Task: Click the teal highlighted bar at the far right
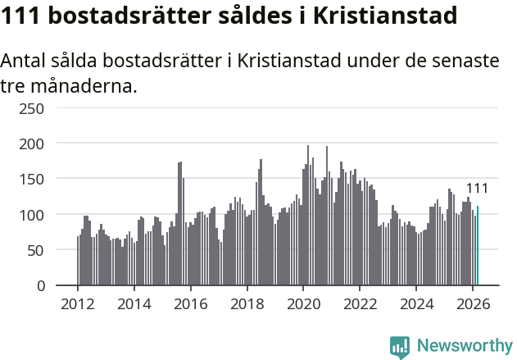pos(478,246)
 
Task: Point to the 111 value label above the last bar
pos(477,189)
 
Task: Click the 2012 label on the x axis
pos(78,303)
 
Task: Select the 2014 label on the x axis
pos(134,303)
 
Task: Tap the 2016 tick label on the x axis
pos(190,303)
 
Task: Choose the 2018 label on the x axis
pos(247,303)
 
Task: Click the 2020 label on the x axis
pos(303,303)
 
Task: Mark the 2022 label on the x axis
pos(360,303)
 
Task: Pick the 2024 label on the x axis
pos(416,303)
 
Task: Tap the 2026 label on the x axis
pos(473,303)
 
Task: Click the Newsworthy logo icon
pos(400,347)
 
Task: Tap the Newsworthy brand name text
pos(465,346)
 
